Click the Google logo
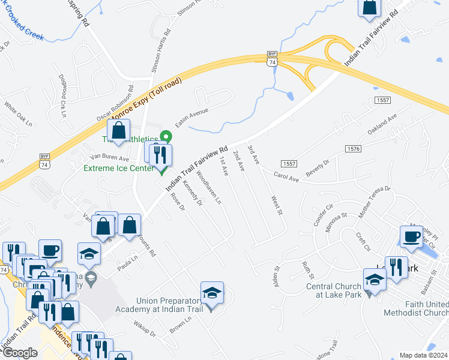pos(19,353)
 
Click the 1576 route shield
pos(354,148)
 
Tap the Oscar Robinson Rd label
pos(113,107)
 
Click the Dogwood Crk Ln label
pos(62,95)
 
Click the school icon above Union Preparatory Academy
pos(212,293)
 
